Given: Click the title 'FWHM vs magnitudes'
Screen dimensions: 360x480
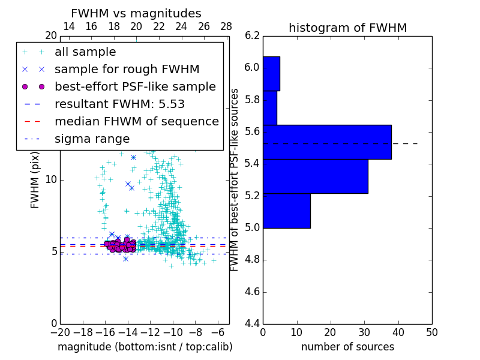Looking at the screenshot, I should pos(136,14).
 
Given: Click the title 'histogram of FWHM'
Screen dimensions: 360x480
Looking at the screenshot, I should pos(347,28).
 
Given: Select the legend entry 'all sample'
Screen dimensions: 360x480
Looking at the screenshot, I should pos(85,52).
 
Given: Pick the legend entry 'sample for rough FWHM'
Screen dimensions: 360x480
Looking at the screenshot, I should pos(127,70).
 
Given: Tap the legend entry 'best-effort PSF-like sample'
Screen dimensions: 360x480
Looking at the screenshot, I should pos(135,86).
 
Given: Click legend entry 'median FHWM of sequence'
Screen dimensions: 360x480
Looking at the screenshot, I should pos(136,121).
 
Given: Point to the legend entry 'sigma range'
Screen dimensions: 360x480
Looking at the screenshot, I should pos(92,139).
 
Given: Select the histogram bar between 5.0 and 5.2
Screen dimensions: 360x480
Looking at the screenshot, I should pos(287,211).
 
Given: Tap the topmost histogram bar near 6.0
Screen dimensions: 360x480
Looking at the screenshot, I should pos(271,73).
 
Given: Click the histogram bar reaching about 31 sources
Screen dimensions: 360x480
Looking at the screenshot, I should pos(316,176).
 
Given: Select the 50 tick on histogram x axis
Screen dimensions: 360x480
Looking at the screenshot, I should pos(431,332).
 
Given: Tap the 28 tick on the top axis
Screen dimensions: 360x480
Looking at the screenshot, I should pos(226,26).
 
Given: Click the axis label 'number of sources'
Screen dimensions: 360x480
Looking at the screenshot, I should pos(347,347).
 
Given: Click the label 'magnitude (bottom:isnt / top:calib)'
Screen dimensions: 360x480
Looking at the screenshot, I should pos(145,347).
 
